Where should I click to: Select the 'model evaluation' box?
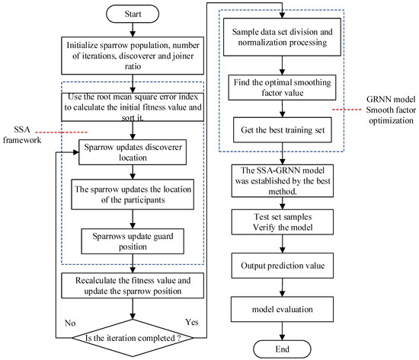(x=281, y=309)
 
